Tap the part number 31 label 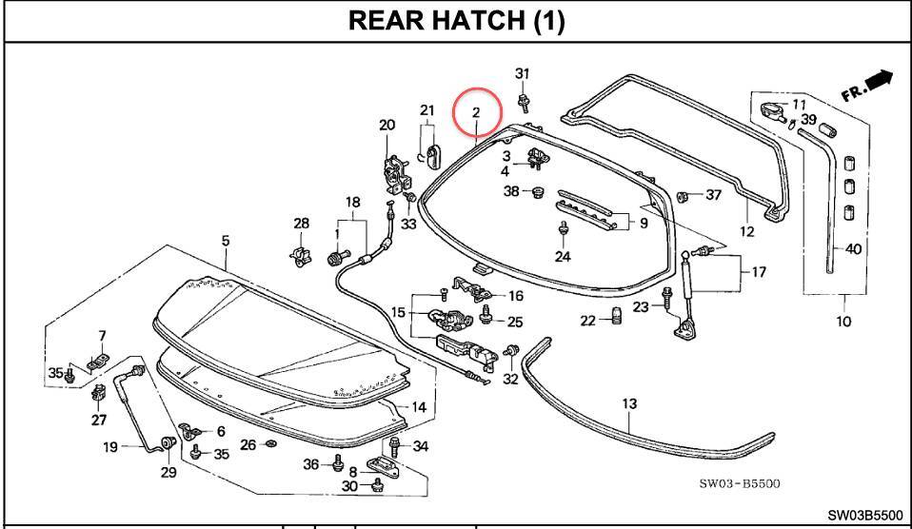click(522, 74)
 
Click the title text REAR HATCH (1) click(456, 21)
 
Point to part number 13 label click(628, 404)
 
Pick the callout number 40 click(853, 250)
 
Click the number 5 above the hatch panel click(226, 241)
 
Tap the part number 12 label click(746, 231)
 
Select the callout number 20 click(387, 126)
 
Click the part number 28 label click(301, 224)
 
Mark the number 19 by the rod click(109, 446)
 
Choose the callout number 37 click(713, 196)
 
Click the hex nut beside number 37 click(683, 197)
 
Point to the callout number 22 click(588, 320)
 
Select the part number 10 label click(843, 322)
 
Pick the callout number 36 click(310, 464)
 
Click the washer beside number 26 click(270, 444)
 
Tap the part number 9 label click(643, 224)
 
